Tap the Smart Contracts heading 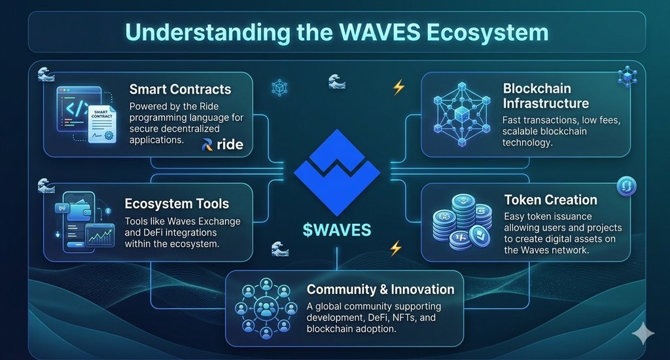click(x=180, y=90)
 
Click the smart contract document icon click(x=101, y=124)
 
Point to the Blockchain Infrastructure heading click(x=546, y=96)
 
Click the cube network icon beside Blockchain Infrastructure click(x=462, y=114)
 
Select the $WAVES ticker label click(x=337, y=230)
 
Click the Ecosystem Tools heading click(x=177, y=204)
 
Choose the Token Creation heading click(x=550, y=200)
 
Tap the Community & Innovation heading click(x=380, y=289)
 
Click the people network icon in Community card click(x=266, y=308)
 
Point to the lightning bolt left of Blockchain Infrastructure click(x=398, y=87)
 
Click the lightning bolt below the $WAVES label click(x=396, y=249)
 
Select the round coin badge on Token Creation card click(x=626, y=187)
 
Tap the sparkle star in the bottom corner click(x=643, y=334)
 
